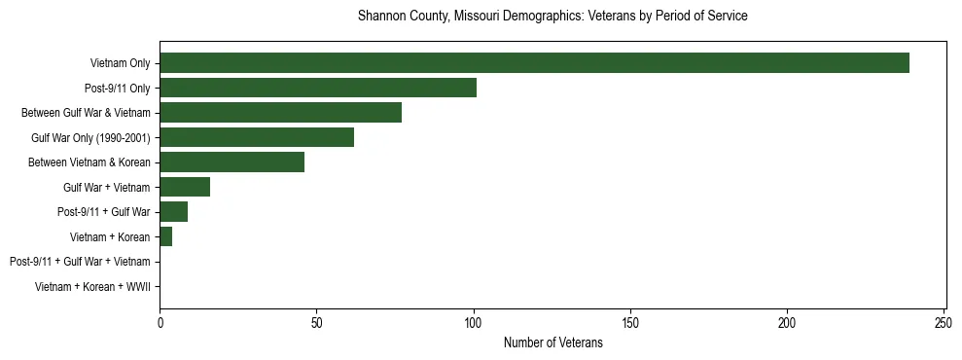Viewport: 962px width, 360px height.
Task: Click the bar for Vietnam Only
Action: [x=534, y=63]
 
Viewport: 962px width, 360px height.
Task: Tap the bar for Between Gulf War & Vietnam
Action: [x=280, y=113]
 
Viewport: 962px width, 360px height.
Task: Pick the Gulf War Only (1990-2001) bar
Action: [x=257, y=137]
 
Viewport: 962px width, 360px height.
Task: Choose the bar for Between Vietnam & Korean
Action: [x=232, y=162]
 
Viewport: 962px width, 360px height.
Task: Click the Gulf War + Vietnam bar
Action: [x=185, y=187]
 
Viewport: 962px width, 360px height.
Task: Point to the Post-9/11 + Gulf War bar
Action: [x=173, y=212]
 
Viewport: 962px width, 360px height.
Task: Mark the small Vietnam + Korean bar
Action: [x=165, y=236]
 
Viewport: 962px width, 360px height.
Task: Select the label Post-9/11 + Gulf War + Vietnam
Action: [x=80, y=262]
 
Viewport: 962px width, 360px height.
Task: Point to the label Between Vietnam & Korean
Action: [x=89, y=162]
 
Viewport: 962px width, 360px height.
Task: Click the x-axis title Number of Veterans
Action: [x=552, y=342]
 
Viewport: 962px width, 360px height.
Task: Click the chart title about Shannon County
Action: [x=552, y=17]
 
